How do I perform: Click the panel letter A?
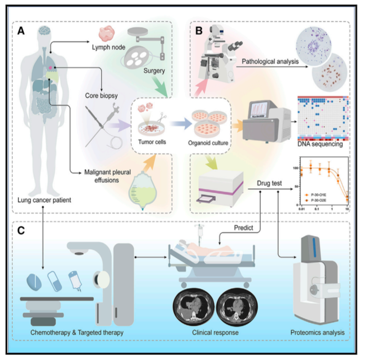(20, 31)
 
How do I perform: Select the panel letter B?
(198, 31)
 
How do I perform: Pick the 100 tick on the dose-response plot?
(296, 167)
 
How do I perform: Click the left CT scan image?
(193, 306)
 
